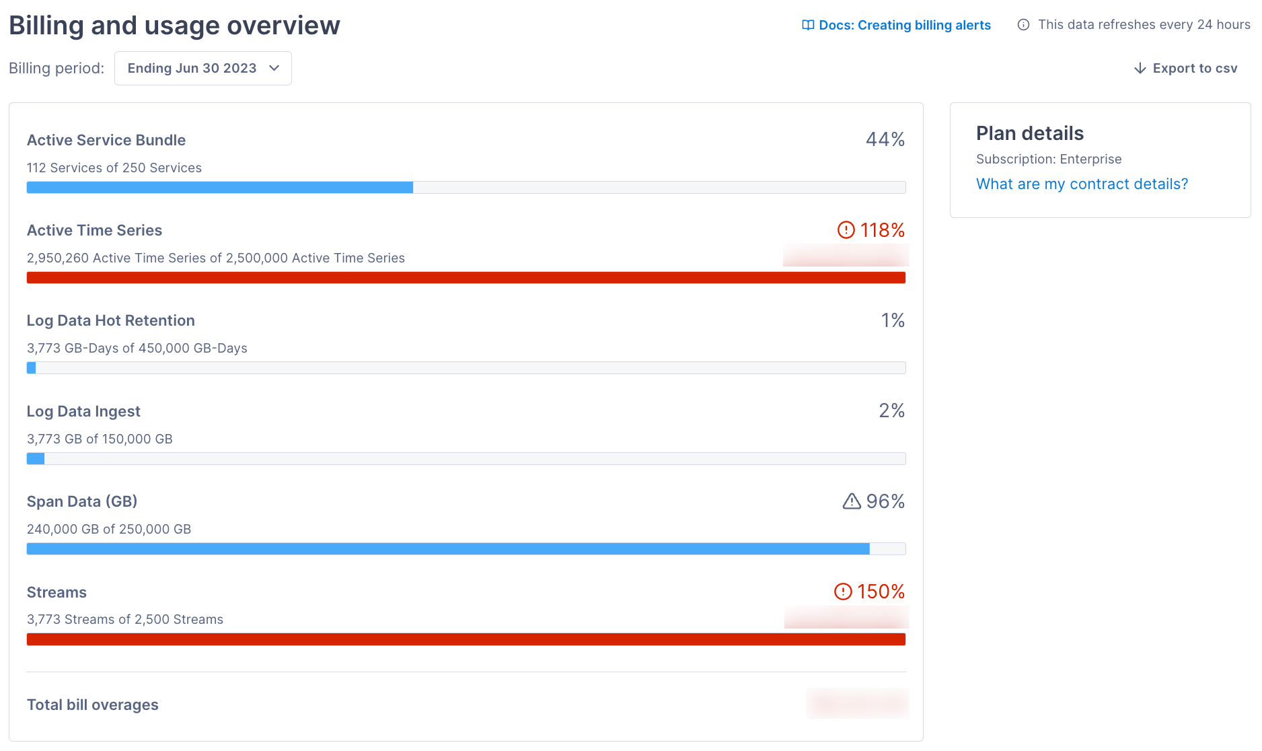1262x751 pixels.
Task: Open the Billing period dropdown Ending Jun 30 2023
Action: point(202,69)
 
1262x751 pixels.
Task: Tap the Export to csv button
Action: point(1185,69)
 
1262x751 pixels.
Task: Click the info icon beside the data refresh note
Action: point(1023,25)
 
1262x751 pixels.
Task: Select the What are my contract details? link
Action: point(1082,184)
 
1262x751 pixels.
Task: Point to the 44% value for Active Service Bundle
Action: point(885,139)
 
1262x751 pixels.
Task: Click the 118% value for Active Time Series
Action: point(882,230)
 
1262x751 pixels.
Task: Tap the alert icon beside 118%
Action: point(846,230)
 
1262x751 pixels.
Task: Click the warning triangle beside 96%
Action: point(851,501)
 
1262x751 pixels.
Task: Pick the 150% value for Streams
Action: point(881,592)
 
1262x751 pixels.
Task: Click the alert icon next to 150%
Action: point(843,592)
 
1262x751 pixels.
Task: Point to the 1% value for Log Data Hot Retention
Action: point(893,320)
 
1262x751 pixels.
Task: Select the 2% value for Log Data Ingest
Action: point(891,410)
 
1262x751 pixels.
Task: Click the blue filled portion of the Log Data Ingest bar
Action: point(36,459)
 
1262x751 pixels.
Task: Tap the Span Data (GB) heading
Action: point(82,501)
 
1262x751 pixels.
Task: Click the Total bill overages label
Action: point(93,705)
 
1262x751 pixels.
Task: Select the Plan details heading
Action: point(1029,133)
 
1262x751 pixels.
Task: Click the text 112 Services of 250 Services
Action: point(114,168)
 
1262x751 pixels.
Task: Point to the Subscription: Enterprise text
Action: point(1049,159)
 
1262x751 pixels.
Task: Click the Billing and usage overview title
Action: point(174,26)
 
